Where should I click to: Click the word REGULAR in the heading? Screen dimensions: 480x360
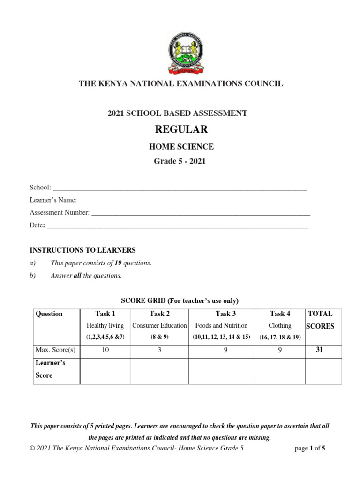tap(180, 129)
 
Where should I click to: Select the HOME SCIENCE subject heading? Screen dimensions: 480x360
tap(180, 147)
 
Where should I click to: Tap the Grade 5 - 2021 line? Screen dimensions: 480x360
tap(180, 162)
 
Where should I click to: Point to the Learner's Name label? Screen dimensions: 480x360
tap(52, 200)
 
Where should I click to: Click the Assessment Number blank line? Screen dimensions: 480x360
tap(201, 214)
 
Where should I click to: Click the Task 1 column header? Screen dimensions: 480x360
tap(105, 314)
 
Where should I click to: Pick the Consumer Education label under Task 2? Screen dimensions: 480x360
tap(159, 325)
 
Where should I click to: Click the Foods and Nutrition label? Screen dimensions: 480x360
tap(221, 325)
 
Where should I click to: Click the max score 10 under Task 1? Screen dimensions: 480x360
tap(105, 350)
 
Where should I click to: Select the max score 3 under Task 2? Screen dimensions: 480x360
tap(159, 350)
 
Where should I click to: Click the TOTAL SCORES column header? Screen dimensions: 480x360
tap(320, 320)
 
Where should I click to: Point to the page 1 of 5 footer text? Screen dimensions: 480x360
tap(310, 448)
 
